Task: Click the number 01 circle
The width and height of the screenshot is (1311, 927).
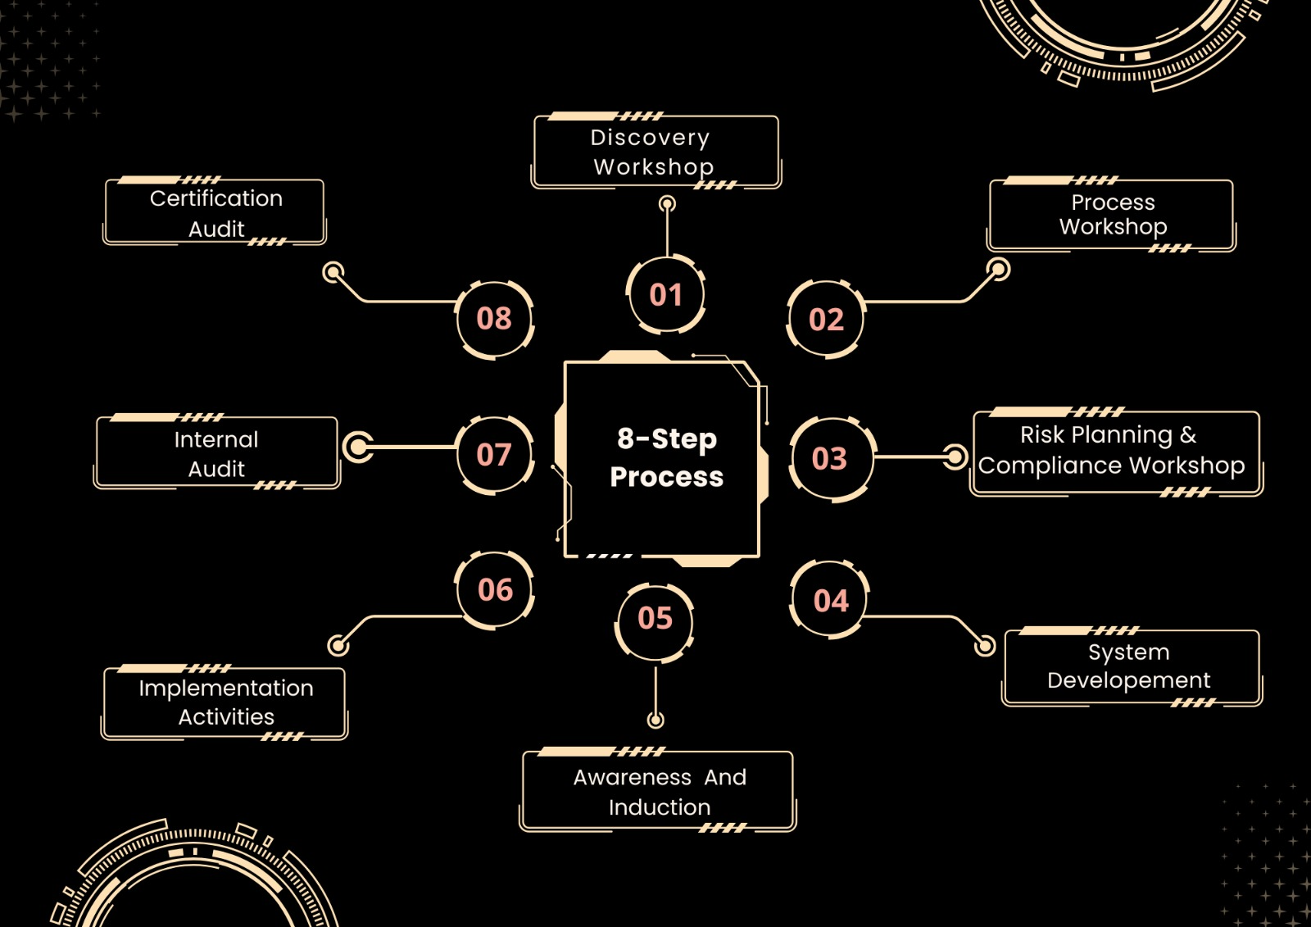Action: (x=666, y=295)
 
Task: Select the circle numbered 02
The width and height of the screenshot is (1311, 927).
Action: (x=826, y=320)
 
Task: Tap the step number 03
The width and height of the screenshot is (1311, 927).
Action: (x=830, y=458)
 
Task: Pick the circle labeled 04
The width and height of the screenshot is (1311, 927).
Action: (x=830, y=601)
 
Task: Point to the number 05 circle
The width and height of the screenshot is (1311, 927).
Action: (x=655, y=618)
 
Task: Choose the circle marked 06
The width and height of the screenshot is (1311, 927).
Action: (x=495, y=590)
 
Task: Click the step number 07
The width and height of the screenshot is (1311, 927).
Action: (x=494, y=454)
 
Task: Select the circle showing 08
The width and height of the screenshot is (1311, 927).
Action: (x=494, y=318)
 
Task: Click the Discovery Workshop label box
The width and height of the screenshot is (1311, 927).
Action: (x=655, y=152)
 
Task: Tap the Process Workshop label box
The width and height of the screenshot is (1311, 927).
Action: (x=1112, y=215)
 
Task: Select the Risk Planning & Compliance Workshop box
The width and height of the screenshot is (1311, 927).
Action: (x=1115, y=452)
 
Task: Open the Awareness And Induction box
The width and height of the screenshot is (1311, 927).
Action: (x=658, y=791)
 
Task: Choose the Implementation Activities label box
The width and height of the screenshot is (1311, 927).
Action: (x=225, y=702)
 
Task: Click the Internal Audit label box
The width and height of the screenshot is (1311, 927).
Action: (x=217, y=453)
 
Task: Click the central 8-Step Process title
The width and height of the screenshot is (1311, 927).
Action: (x=665, y=458)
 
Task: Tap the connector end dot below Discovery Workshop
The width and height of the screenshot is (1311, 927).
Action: (x=668, y=203)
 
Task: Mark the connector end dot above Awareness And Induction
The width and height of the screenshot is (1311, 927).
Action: (x=655, y=720)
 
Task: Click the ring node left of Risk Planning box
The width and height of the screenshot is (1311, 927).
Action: (x=955, y=457)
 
